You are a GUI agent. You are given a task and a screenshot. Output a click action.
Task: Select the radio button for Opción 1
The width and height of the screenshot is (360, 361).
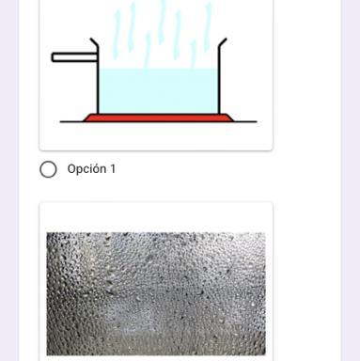(48, 169)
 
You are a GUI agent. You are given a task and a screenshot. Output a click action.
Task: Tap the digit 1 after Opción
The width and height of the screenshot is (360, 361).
(113, 169)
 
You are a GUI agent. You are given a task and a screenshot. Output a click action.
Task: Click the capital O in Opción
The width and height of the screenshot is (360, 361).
(71, 169)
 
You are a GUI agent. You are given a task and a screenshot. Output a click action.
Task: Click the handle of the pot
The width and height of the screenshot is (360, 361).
(74, 57)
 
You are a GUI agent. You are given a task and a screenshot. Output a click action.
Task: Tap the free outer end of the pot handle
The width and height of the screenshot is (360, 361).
(53, 57)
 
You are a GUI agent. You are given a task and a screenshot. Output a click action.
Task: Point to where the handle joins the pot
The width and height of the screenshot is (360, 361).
(97, 57)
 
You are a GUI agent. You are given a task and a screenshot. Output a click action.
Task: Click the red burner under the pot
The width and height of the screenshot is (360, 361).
(159, 118)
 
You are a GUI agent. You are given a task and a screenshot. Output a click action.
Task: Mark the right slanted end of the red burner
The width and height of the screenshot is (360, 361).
(230, 118)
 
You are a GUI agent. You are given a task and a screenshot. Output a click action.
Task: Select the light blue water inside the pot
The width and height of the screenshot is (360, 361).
(159, 91)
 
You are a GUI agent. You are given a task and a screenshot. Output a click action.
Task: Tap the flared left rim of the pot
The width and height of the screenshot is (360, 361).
(94, 43)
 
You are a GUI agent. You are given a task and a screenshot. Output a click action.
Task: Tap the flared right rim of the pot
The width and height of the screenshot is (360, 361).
(223, 43)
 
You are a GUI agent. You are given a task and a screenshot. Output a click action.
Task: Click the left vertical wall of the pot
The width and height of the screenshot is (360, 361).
(98, 81)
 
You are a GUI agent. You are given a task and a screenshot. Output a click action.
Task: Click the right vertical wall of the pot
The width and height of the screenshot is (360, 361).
(219, 81)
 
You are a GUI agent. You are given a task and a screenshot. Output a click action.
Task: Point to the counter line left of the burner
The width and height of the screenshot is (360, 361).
(72, 121)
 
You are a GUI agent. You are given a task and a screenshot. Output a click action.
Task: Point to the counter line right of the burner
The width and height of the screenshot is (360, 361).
(245, 121)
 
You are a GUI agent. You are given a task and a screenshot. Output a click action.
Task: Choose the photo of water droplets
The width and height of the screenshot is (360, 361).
(156, 293)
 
